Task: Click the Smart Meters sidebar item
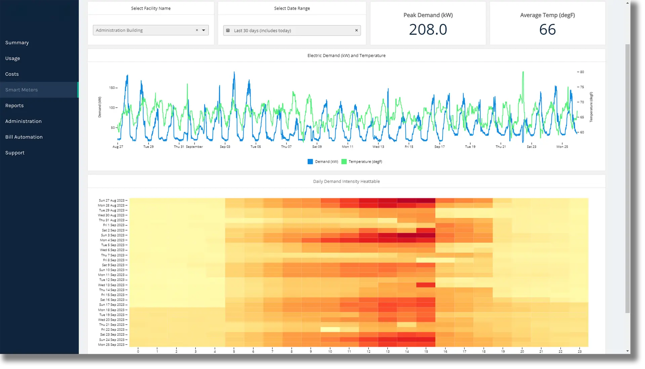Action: point(21,90)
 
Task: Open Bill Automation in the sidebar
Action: point(24,137)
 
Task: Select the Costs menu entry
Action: point(12,74)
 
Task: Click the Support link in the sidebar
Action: point(15,153)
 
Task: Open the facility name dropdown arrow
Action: point(204,30)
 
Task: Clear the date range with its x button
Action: point(356,31)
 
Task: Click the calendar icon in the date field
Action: point(228,31)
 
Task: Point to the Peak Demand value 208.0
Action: point(428,30)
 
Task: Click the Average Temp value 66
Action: point(547,30)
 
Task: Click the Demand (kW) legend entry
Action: point(323,162)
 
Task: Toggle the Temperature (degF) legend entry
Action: point(362,162)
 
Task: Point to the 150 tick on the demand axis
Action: point(112,88)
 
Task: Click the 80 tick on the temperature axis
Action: point(582,72)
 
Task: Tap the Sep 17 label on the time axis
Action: point(439,147)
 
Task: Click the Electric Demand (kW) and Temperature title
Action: point(346,56)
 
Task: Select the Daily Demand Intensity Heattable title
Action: point(346,181)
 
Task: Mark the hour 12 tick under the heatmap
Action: point(369,351)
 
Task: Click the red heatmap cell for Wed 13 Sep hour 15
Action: point(426,285)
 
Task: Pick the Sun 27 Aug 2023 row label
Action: point(112,200)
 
